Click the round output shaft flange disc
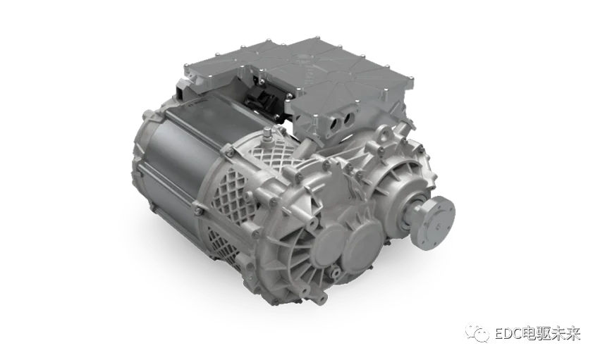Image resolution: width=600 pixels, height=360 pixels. click(441, 223)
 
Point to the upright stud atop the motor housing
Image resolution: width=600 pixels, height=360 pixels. click(267, 134)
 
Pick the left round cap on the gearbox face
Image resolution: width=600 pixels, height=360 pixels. click(329, 244)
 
